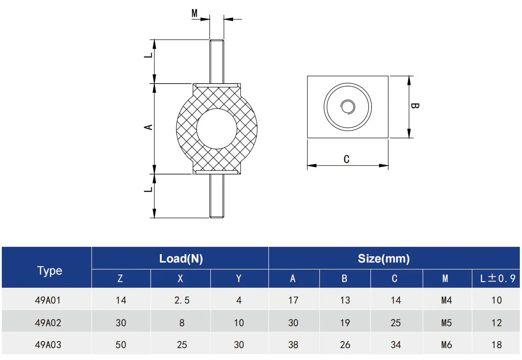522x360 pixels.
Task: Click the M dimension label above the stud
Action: (x=194, y=13)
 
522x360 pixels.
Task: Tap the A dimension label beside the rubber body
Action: (x=148, y=127)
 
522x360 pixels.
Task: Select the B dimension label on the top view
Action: (x=415, y=106)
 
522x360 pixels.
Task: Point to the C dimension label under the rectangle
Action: (x=347, y=159)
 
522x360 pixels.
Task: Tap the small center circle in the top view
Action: (x=348, y=107)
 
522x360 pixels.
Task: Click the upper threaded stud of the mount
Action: (x=217, y=61)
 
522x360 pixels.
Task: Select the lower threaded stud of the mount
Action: (x=217, y=196)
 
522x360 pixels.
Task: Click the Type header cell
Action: (x=50, y=271)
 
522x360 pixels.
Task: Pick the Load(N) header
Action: (x=181, y=258)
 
